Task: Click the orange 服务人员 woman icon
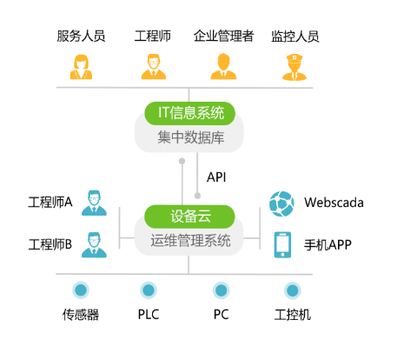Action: pos(81,67)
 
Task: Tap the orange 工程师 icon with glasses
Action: pos(154,67)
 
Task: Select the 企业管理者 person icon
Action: pos(223,66)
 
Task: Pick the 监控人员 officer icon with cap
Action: pos(294,67)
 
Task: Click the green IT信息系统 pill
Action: pos(189,113)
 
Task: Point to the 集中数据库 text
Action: pos(191,137)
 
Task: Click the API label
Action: pos(216,177)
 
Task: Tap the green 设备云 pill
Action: pos(189,217)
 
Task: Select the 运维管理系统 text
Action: pos(190,241)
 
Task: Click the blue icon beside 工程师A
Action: pos(94,203)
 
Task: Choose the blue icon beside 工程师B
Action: pos(94,245)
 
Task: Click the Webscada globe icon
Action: pos(281,203)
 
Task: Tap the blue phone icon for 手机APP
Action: pos(282,244)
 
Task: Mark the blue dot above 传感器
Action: pos(81,290)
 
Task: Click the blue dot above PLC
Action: pos(149,290)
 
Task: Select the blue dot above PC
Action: pos(222,290)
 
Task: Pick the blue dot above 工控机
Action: pos(293,290)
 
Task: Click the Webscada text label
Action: pos(334,203)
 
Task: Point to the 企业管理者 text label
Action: pos(224,36)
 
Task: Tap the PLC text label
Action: pos(149,315)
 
